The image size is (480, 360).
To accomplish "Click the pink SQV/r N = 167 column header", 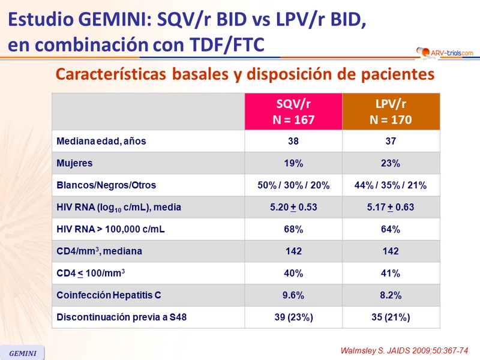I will (x=293, y=112).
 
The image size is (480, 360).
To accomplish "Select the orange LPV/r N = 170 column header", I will (x=391, y=112).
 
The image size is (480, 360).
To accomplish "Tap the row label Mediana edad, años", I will (x=101, y=142).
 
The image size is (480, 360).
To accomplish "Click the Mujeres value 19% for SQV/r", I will (x=293, y=163).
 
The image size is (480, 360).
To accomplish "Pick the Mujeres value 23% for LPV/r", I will (x=391, y=163).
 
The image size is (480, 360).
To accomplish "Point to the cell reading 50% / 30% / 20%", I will (x=293, y=185).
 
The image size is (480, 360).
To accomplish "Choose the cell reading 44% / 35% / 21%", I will (x=391, y=185).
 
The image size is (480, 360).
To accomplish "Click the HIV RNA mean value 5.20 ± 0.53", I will (x=293, y=208).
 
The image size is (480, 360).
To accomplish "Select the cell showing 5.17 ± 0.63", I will (x=391, y=208).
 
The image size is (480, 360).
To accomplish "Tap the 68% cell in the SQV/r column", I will (x=293, y=229).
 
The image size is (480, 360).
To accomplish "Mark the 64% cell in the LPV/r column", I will (x=391, y=229).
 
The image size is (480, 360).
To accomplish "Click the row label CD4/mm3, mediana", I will (x=99, y=251).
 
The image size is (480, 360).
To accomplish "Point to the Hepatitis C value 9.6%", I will (x=293, y=295).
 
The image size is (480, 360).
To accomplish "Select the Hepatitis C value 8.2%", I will (x=391, y=295).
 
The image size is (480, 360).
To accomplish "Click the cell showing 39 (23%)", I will (x=293, y=317).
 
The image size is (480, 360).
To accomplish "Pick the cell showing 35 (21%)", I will (x=391, y=317).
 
